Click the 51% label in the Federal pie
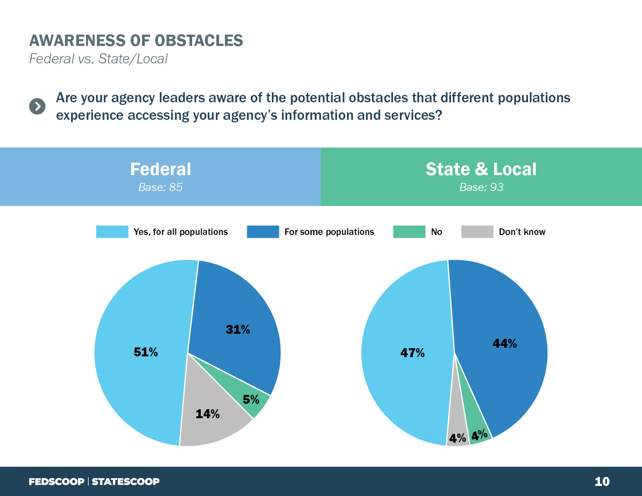(146, 352)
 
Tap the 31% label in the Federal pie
(238, 329)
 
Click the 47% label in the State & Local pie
(412, 353)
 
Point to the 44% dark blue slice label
(505, 344)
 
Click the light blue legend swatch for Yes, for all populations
(112, 232)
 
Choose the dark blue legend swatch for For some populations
(263, 232)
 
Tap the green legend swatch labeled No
(409, 232)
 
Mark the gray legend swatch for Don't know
(477, 232)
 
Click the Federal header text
(160, 169)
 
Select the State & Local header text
(481, 169)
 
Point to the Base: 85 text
(160, 188)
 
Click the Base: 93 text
(481, 188)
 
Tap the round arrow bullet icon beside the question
(37, 106)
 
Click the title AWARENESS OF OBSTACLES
(136, 41)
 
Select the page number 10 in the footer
(602, 482)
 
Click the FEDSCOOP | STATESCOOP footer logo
(94, 482)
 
